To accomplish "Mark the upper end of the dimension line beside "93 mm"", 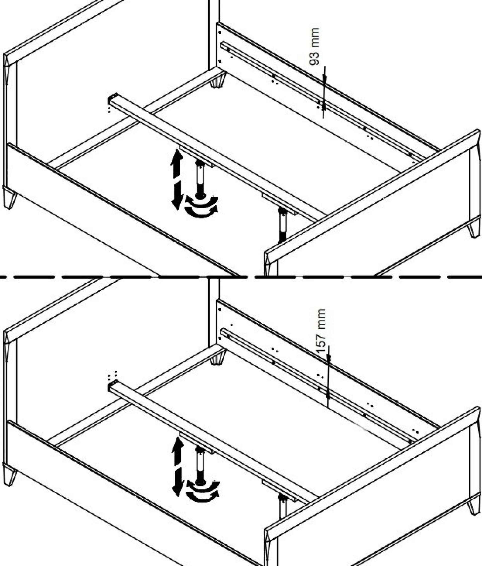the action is coord(324,66).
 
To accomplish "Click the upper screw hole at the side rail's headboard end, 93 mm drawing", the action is coord(220,33).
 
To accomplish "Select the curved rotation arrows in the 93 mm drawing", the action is coord(201,207).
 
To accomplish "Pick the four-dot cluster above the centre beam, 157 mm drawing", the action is coord(113,375).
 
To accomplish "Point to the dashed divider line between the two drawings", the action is coord(241,277).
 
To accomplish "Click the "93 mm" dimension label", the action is coord(315,46).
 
